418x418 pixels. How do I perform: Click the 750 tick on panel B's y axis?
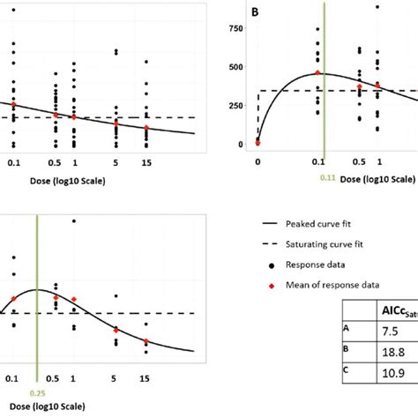(x=234, y=28)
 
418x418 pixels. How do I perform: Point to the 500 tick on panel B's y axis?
(x=234, y=67)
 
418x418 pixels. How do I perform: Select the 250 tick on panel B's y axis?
(x=234, y=105)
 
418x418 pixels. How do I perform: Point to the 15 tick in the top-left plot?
(x=146, y=163)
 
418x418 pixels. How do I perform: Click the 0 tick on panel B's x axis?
(x=258, y=163)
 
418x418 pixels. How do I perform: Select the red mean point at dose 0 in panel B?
(x=258, y=140)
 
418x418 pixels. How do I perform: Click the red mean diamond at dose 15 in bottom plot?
(x=146, y=341)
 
